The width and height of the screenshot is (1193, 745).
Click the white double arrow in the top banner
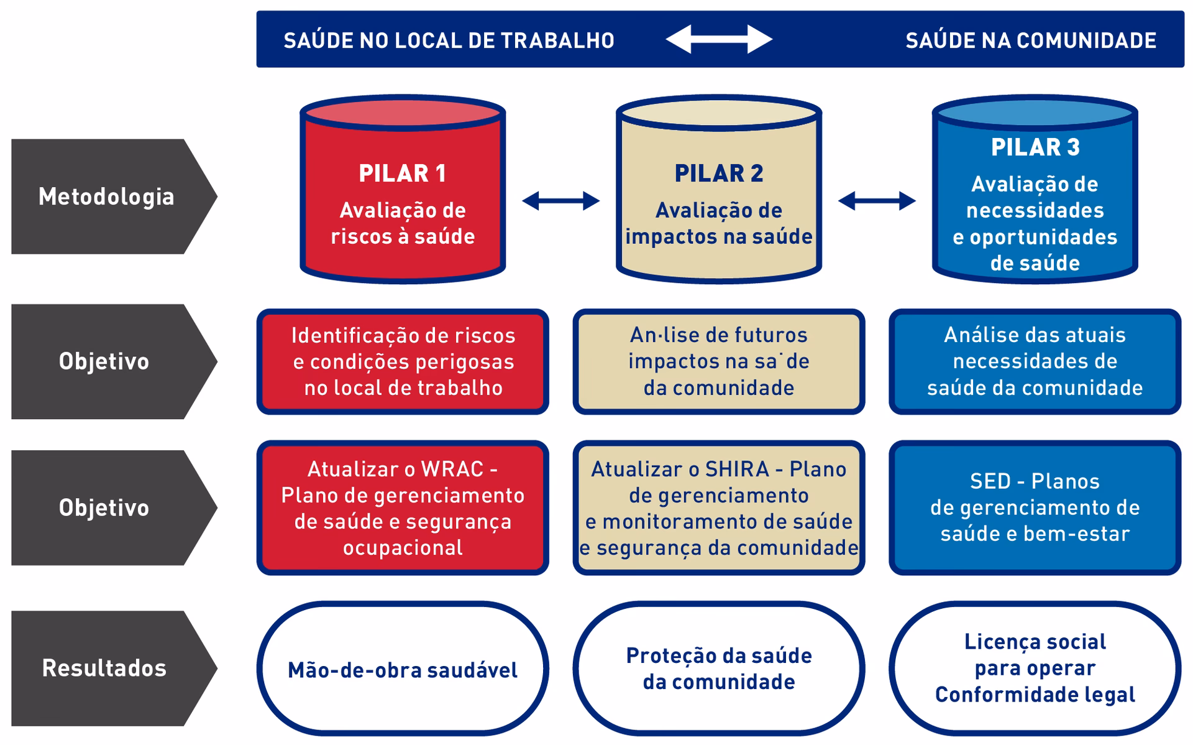coord(719,39)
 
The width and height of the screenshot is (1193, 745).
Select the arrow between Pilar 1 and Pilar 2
coord(560,201)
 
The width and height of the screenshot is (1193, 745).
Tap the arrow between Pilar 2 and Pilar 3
coord(877,201)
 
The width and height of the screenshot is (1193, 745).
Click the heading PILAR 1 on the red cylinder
coord(403,174)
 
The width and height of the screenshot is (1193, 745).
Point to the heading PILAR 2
coord(719,174)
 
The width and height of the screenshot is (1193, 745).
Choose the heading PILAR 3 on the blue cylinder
coord(1035,147)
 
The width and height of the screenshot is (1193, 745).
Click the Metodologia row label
coord(107,197)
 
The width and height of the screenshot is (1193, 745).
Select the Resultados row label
coord(104,668)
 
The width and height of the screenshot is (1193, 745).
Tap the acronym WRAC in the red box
coord(451,469)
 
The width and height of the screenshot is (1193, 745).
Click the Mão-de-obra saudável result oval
coord(403,669)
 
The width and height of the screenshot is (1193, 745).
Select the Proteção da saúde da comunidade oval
coord(719,669)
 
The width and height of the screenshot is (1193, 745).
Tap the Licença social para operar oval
coord(1035,669)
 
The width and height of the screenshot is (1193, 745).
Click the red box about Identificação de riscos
coord(403,361)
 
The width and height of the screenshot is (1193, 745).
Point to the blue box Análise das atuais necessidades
coord(1035,361)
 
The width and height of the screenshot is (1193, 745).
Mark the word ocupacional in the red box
coord(403,548)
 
